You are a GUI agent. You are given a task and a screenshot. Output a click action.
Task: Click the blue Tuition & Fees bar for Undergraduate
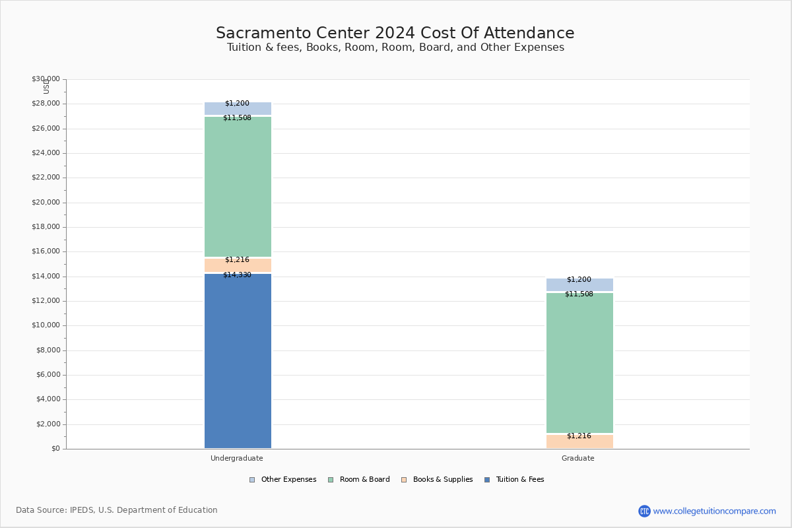coord(238,361)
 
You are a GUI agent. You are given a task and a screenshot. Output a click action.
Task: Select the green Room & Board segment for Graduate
coord(579,363)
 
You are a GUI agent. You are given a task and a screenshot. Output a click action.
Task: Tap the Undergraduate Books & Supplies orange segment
coord(238,265)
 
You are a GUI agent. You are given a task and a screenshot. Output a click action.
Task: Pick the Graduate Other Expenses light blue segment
coord(579,284)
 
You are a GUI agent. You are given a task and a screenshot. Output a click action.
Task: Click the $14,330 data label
coord(237,275)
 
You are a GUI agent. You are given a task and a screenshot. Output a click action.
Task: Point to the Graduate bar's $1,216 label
coord(579,436)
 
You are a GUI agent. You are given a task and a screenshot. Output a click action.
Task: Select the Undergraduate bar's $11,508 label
coord(237,117)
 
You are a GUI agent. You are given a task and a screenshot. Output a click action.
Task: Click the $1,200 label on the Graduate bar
coord(579,279)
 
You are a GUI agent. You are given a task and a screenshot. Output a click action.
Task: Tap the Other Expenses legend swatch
coord(252,480)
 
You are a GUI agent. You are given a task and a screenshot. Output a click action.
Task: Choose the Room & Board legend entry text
coord(364,479)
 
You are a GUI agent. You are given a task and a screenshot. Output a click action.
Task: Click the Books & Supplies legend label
coord(443,479)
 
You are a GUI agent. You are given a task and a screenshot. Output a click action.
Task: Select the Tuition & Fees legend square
coord(487,480)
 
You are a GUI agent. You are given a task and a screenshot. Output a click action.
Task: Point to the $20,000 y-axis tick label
coord(46,202)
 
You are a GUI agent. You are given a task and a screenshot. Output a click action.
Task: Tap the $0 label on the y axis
coord(55,448)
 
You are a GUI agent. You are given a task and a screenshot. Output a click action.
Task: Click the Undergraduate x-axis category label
coord(236,458)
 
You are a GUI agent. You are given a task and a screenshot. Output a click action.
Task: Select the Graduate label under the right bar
coord(577,458)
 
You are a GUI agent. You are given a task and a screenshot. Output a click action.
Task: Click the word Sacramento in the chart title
coord(263,33)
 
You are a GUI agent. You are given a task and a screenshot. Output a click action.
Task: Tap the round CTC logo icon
coord(644,511)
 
